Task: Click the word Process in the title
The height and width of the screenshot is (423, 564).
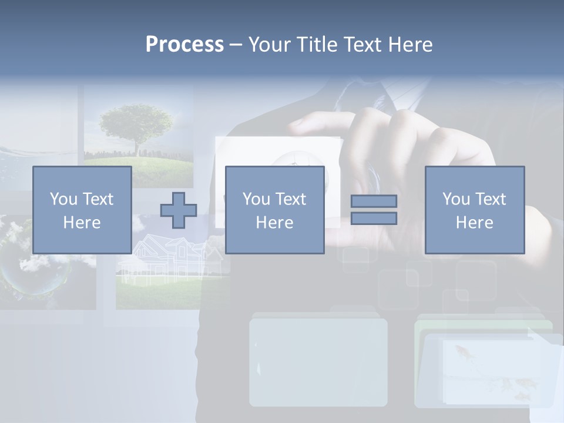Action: pos(184,45)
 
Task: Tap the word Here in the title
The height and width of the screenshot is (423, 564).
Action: pos(409,45)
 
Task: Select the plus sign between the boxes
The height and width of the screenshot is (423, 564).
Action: pos(179,210)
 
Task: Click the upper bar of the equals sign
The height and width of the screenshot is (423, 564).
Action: pos(374,201)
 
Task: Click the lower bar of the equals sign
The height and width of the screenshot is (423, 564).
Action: pos(374,218)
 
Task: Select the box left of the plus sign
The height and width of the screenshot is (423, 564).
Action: pos(82,210)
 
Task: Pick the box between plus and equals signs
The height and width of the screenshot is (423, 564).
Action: pos(274,210)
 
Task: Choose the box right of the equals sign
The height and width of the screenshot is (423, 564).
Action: pos(475,210)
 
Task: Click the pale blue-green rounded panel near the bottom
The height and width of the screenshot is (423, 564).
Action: pos(318,361)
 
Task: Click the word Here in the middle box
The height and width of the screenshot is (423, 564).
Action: pos(274,223)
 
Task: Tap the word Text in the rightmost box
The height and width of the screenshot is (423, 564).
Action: pos(491,199)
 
